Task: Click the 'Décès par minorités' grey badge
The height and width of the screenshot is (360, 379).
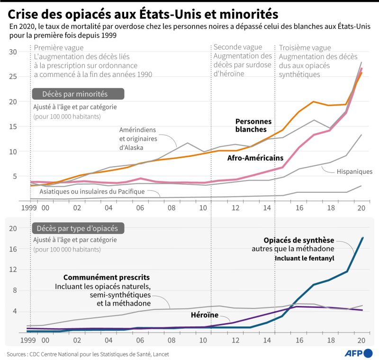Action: click(78, 94)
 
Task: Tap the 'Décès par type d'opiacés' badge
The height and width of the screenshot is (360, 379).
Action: click(78, 228)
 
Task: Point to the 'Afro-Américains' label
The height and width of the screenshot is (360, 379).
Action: click(255, 158)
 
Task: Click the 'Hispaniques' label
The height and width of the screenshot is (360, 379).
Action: click(354, 171)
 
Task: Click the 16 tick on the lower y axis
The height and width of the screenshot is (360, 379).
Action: click(13, 249)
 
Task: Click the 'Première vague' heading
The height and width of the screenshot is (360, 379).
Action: click(59, 48)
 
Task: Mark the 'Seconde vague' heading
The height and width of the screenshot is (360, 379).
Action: click(237, 47)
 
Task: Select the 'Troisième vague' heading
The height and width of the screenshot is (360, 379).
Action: click(304, 47)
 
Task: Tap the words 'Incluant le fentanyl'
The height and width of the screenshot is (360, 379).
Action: click(305, 258)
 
